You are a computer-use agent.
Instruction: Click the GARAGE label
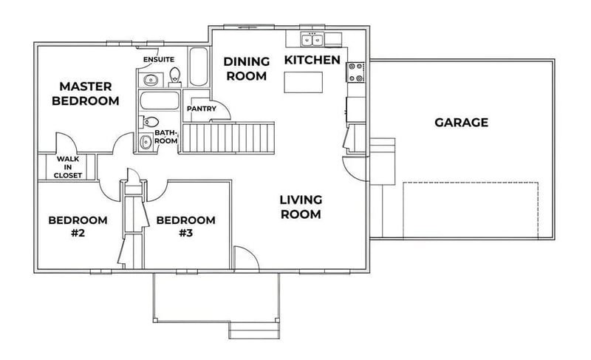[x=461, y=123]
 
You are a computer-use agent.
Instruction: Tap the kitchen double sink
[x=312, y=39]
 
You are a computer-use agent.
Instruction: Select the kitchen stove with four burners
[x=355, y=72]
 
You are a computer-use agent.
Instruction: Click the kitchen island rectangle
[x=303, y=82]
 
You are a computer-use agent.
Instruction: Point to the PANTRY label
[x=202, y=109]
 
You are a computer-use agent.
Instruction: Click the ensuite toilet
[x=174, y=77]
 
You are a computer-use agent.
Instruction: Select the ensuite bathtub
[x=199, y=67]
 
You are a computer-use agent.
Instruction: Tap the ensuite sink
[x=151, y=80]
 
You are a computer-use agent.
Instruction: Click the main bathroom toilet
[x=149, y=122]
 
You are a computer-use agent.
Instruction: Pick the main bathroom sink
[x=146, y=142]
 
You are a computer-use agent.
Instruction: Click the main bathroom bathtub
[x=160, y=101]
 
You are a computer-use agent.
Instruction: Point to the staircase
[x=228, y=137]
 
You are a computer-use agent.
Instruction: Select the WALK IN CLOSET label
[x=68, y=167]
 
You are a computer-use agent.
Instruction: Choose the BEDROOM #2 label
[x=78, y=226]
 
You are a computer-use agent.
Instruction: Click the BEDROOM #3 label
[x=186, y=226]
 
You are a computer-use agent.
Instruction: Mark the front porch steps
[x=254, y=330]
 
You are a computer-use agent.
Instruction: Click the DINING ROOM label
[x=247, y=69]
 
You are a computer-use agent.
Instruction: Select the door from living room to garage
[x=354, y=169]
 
